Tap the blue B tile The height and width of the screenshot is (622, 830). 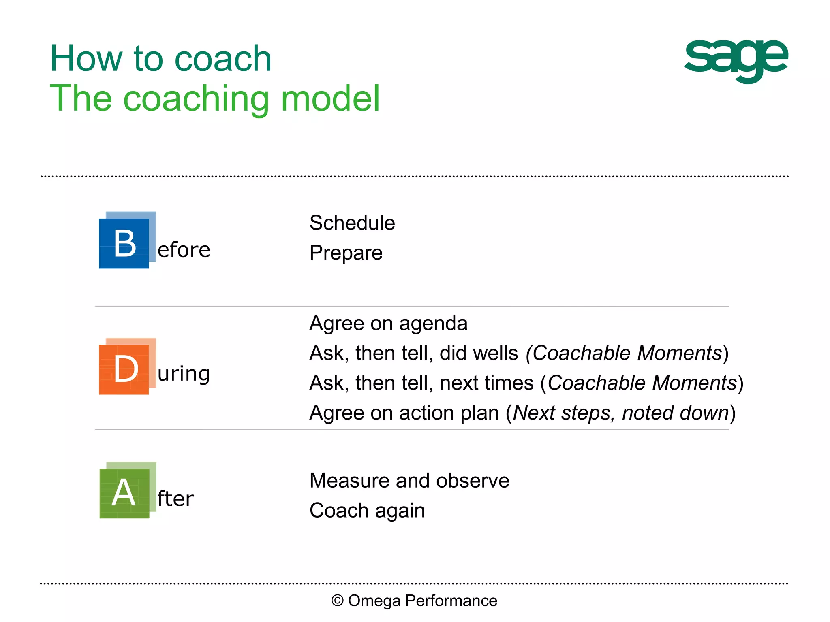[124, 243]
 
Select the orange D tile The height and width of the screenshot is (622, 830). [124, 369]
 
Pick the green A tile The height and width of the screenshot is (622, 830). [124, 493]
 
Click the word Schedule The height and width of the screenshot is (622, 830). [352, 223]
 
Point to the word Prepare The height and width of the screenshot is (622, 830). [346, 253]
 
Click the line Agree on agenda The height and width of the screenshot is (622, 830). [388, 323]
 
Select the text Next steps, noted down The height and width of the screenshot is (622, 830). [621, 413]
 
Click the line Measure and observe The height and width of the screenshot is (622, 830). [409, 481]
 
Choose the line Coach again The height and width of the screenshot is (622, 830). [367, 510]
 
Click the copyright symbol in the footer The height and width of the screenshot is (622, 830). [337, 601]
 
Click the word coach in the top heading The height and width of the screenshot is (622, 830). [222, 59]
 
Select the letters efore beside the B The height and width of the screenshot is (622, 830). [184, 250]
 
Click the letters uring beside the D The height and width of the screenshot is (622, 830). [184, 373]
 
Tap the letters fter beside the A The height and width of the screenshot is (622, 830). [175, 498]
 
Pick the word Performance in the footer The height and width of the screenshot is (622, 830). [451, 601]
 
